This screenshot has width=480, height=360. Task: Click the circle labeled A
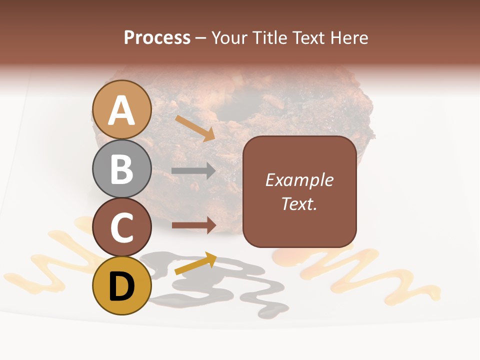click(121, 109)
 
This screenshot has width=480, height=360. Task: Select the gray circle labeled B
click(121, 168)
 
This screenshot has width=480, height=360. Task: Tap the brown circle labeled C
click(121, 227)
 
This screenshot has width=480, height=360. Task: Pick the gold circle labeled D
click(121, 285)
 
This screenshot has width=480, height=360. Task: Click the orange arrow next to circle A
click(195, 128)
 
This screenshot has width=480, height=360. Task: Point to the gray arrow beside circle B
click(193, 170)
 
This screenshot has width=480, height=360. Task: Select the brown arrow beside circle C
click(193, 225)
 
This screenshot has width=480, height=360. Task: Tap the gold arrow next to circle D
click(195, 263)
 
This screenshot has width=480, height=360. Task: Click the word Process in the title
click(157, 38)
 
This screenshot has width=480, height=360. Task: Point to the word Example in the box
click(299, 180)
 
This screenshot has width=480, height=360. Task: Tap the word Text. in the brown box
click(299, 203)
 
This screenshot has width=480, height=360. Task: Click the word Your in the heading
click(228, 38)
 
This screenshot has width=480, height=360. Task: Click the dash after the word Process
click(201, 38)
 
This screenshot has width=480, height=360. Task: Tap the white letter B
click(121, 168)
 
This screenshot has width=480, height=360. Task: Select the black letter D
click(121, 286)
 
